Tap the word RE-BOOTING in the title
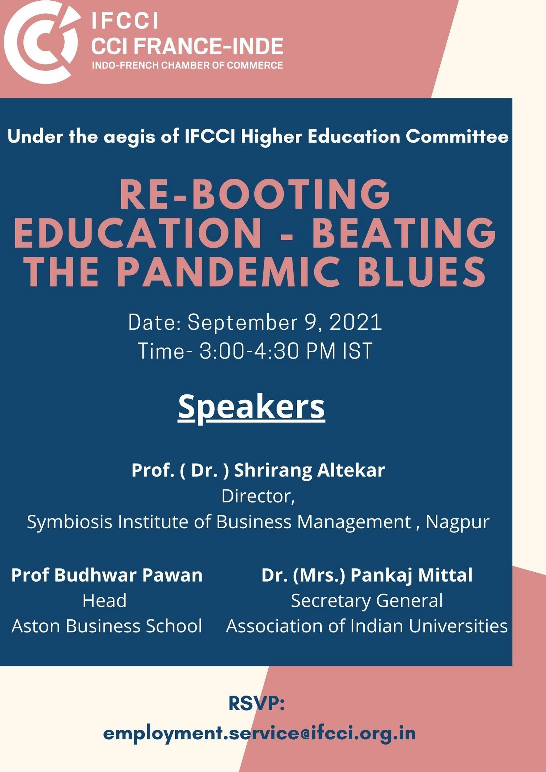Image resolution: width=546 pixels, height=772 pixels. tap(255, 195)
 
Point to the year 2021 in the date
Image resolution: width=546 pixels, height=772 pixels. tap(356, 322)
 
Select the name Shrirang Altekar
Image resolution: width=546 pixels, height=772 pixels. tap(309, 470)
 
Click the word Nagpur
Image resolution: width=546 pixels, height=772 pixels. tap(457, 522)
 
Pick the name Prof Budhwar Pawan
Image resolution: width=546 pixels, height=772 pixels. tap(107, 575)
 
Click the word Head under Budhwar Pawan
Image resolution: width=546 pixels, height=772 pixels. tap(105, 600)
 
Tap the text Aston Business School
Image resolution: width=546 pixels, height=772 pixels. tap(107, 626)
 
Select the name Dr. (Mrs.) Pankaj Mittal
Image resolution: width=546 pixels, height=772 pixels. tap(367, 575)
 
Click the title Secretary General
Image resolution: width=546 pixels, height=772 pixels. tap(367, 601)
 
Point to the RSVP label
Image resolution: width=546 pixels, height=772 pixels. tap(257, 703)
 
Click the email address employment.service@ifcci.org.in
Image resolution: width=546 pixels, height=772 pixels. tap(259, 733)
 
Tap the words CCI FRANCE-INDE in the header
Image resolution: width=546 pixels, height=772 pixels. tap(187, 46)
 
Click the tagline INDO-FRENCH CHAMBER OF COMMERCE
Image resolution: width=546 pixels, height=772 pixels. tap(187, 65)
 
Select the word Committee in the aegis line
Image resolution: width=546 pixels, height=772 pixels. tap(457, 136)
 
